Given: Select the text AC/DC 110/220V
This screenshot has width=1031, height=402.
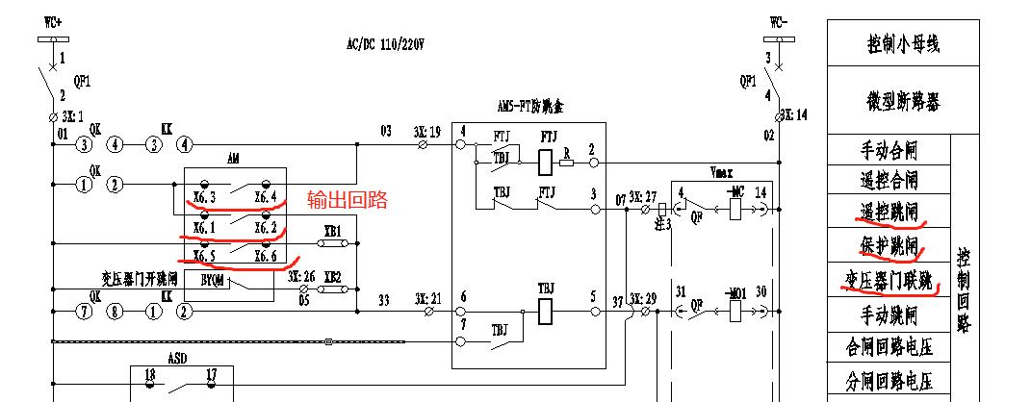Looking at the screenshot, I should click(x=385, y=44).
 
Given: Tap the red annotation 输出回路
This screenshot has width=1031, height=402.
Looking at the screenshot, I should click(x=347, y=200).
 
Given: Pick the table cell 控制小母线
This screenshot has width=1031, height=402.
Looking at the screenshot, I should click(x=902, y=43).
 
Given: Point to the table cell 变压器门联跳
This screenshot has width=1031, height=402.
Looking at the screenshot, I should click(x=888, y=280).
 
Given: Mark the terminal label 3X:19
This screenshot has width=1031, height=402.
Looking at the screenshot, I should click(x=427, y=131).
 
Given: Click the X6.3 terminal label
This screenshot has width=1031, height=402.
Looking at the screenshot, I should click(x=203, y=199).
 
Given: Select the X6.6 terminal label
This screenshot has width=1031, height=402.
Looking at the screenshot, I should click(x=266, y=257).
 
